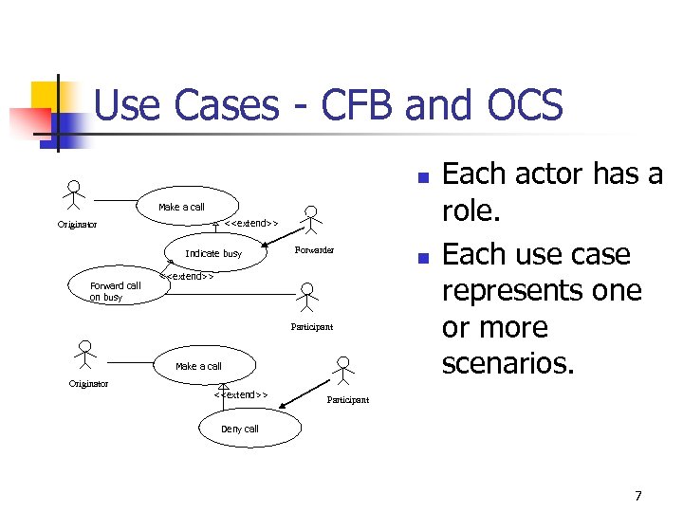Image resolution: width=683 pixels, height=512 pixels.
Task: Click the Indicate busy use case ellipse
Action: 213,253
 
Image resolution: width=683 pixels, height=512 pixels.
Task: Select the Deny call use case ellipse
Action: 239,429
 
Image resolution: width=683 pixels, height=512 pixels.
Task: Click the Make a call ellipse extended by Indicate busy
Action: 181,207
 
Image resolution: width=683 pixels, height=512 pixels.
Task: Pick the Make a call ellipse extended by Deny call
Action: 198,366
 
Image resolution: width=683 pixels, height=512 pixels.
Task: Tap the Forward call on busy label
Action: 115,291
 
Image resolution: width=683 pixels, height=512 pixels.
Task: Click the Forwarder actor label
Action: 314,250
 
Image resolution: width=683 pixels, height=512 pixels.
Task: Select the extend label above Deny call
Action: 242,394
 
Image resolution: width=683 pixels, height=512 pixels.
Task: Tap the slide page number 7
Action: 638,496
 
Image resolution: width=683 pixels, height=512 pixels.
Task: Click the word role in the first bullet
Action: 471,210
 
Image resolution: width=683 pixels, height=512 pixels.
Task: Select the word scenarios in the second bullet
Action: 508,363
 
